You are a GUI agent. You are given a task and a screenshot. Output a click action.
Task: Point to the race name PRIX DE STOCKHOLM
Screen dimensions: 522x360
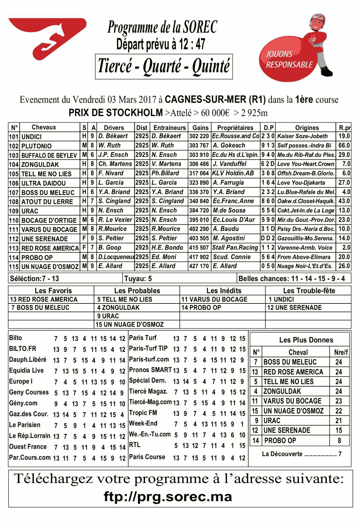tap(116, 113)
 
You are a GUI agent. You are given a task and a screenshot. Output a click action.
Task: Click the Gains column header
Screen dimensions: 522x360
tap(200, 128)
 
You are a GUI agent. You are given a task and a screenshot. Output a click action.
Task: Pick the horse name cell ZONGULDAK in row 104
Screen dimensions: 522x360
tap(40, 164)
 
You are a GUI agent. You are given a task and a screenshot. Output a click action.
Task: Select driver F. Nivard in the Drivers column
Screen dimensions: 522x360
tap(111, 173)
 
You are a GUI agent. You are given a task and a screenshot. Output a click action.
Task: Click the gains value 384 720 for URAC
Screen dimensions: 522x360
tap(199, 210)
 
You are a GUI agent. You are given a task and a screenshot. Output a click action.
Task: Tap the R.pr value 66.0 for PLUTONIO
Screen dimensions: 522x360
tap(344, 145)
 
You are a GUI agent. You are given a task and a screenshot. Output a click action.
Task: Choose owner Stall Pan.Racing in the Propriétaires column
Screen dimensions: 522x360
tap(235, 248)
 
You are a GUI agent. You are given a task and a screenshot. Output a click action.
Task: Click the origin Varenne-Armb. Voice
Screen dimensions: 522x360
tap(305, 248)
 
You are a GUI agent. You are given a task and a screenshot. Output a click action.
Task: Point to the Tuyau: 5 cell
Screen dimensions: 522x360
tap(138, 278)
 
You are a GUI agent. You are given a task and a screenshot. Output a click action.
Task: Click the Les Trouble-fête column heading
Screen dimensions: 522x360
tap(309, 291)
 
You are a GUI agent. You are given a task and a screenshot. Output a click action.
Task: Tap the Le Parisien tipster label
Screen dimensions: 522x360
tap(24, 425)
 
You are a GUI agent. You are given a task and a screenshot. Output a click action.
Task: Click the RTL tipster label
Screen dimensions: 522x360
tap(135, 445)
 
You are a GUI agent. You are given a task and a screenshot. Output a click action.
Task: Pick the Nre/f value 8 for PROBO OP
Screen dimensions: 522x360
tap(339, 441)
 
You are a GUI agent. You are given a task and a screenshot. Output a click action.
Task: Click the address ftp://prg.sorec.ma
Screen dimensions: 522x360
tap(168, 497)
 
